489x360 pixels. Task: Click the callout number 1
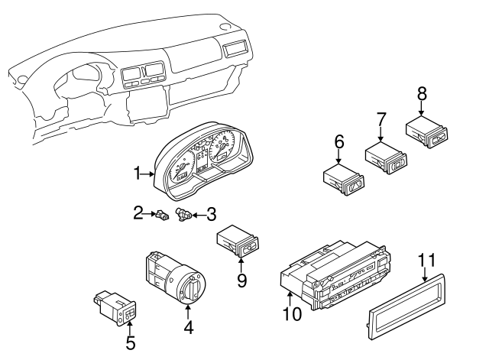tap(138, 174)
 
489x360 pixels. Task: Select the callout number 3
tap(211, 215)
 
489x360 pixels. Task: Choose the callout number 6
tap(339, 142)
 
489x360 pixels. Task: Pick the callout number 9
tap(241, 281)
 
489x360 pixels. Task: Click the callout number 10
tap(292, 313)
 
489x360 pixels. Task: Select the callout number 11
tap(427, 261)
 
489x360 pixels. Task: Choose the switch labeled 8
tap(429, 131)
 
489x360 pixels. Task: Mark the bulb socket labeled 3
tap(183, 215)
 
